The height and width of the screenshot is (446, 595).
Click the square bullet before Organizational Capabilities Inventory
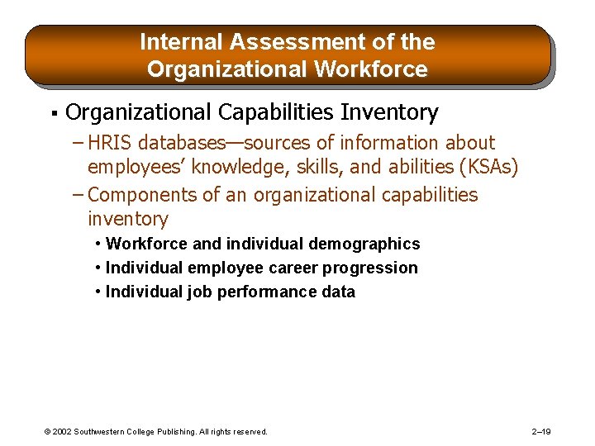52,112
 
